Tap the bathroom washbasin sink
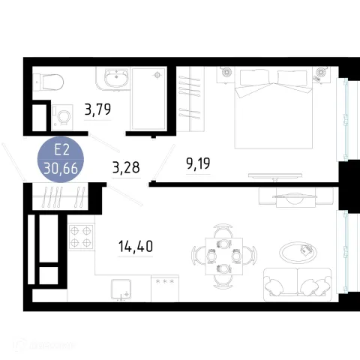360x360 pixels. (x=116, y=77)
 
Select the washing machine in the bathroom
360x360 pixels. (x=62, y=118)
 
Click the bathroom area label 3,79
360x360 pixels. (x=97, y=109)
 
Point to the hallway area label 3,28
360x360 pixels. (x=126, y=167)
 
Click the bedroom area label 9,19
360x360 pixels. (x=198, y=163)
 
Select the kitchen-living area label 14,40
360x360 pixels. (x=136, y=246)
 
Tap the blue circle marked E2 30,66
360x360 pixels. (x=61, y=159)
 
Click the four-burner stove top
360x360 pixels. (x=81, y=236)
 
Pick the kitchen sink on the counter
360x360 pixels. (x=121, y=289)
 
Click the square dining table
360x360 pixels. (x=224, y=256)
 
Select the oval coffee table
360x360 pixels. (x=298, y=253)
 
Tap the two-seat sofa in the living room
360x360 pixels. (x=298, y=285)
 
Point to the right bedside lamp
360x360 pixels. (x=320, y=73)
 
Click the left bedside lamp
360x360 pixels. (x=226, y=72)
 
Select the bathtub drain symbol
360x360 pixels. (x=157, y=75)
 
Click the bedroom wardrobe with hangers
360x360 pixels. (x=190, y=99)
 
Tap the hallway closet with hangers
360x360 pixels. (x=61, y=196)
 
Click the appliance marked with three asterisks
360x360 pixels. (x=165, y=288)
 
